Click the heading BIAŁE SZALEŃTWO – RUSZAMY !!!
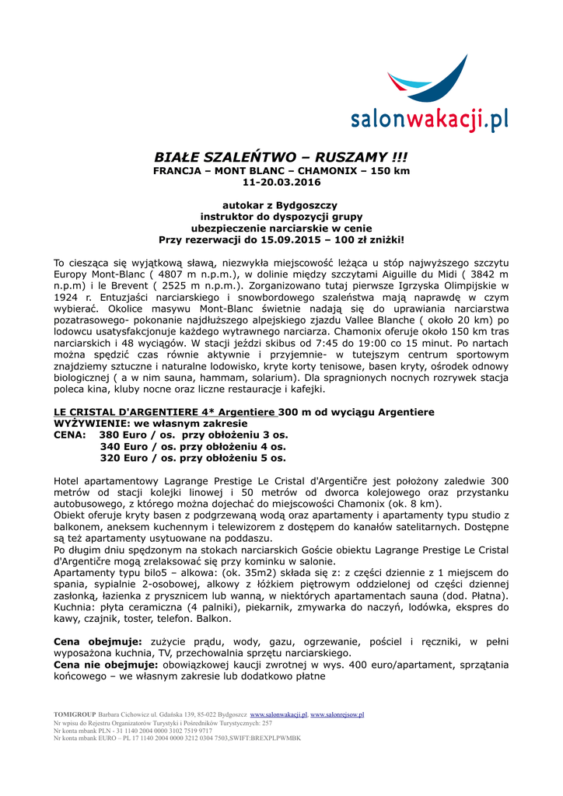coord(281,156)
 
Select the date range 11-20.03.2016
coord(281,183)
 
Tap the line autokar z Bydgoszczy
coord(281,204)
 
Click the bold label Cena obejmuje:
coord(97,641)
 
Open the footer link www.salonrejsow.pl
coord(337,714)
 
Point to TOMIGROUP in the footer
coord(75,714)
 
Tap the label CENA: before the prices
coord(69,435)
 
